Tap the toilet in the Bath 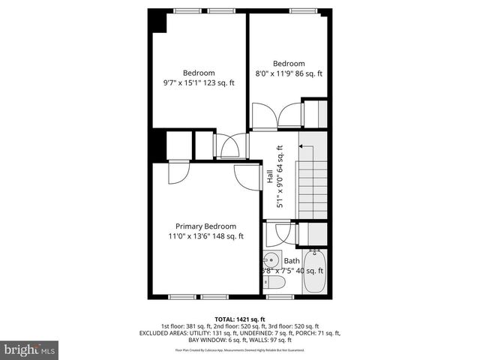click(x=274, y=283)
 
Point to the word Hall click(x=269, y=177)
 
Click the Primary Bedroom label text click(x=205, y=226)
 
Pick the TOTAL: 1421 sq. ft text click(x=239, y=319)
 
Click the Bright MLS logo click(x=30, y=349)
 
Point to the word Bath click(x=291, y=261)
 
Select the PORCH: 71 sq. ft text click(x=319, y=333)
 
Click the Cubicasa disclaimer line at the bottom click(x=239, y=349)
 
